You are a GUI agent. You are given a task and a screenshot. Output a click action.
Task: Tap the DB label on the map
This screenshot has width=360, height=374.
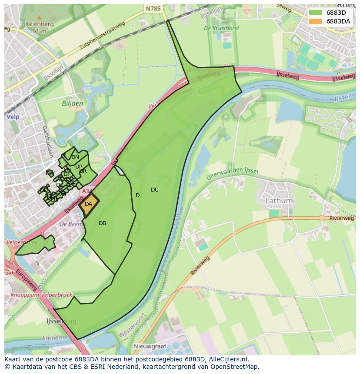(x=102, y=223)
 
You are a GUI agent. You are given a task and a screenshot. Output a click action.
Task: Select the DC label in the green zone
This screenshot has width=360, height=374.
(x=154, y=190)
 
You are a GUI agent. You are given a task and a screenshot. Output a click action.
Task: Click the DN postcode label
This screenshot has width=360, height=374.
(x=75, y=157)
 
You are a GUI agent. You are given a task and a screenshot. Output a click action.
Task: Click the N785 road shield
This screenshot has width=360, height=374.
(x=153, y=8)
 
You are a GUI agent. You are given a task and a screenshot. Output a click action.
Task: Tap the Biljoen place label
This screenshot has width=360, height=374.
(x=72, y=104)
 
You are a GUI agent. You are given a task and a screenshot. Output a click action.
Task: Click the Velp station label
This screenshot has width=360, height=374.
(x=13, y=117)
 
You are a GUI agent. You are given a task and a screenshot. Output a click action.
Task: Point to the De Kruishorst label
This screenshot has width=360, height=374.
(x=221, y=28)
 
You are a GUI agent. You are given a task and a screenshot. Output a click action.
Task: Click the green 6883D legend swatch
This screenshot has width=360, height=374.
(x=316, y=13)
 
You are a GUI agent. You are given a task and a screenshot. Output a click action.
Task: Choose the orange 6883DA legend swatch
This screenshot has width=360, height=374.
(x=316, y=21)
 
